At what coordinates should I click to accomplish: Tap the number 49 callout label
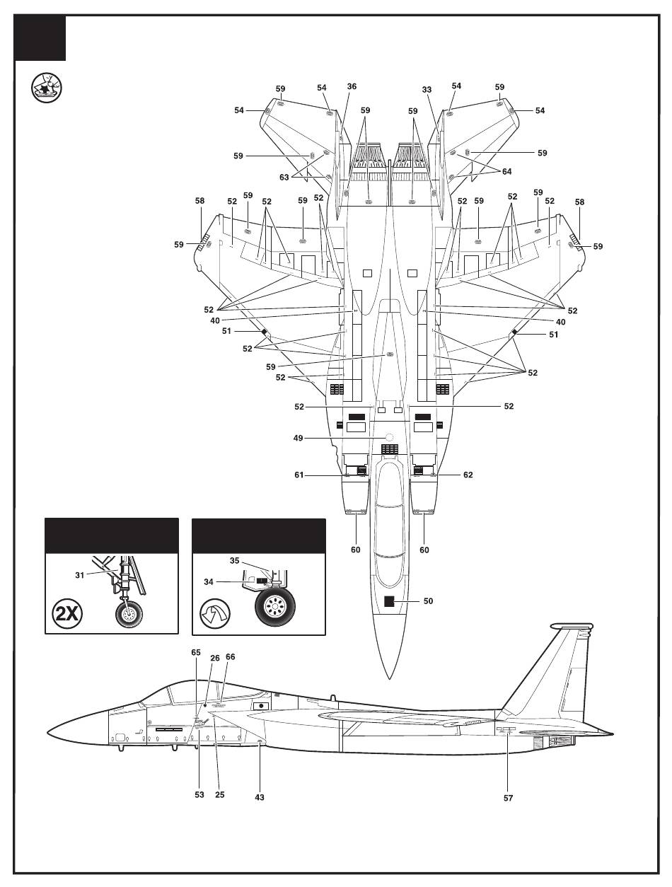[298, 438]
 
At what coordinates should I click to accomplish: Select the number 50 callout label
[429, 601]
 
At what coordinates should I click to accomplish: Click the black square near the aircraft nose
[389, 601]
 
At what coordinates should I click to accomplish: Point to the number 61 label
[299, 475]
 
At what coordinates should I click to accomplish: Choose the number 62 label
[468, 475]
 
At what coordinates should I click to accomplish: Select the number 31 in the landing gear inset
[80, 576]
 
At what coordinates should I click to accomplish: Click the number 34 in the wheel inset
[208, 582]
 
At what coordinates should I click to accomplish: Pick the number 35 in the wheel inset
[234, 561]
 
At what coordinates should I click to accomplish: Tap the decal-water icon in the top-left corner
[47, 88]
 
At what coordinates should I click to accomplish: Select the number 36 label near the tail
[352, 86]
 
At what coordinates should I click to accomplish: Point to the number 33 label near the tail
[427, 90]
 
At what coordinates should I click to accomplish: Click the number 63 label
[284, 178]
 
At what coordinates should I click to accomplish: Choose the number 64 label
[506, 172]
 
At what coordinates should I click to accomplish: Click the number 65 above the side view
[195, 653]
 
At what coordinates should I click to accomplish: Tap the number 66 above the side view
[230, 657]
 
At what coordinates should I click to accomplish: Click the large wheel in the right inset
[274, 607]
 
